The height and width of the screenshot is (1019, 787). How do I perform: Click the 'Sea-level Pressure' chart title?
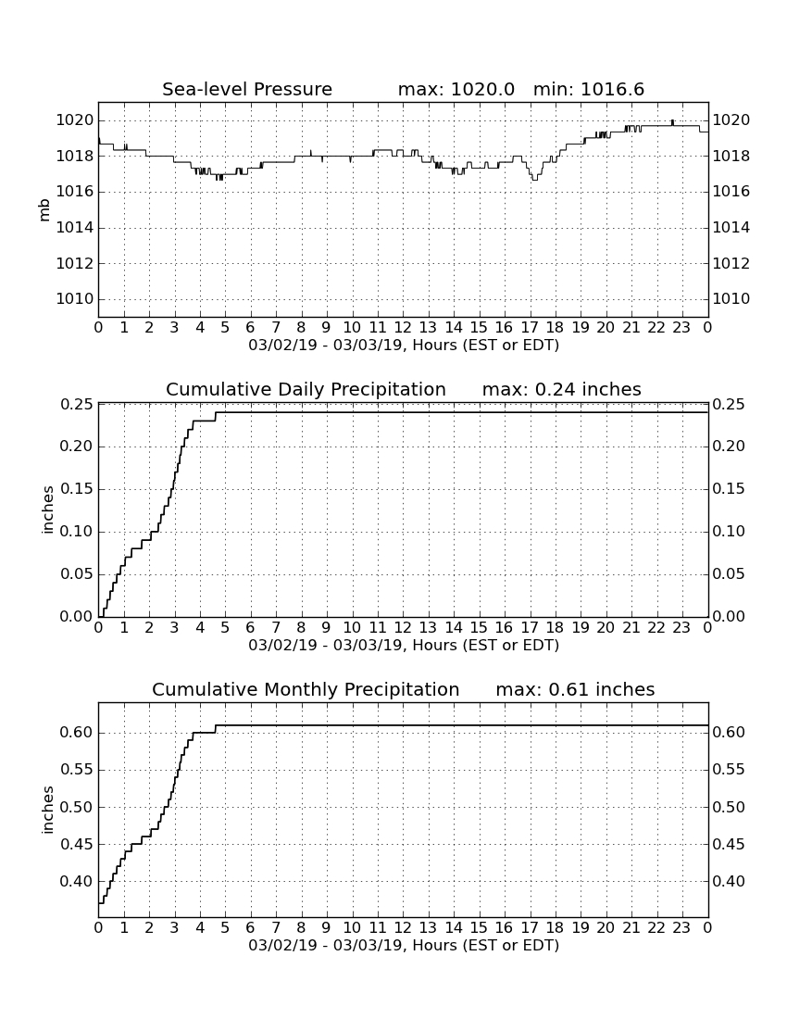tap(247, 89)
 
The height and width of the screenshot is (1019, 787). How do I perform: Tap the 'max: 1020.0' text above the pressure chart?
tap(456, 89)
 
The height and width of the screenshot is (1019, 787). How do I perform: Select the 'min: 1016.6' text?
tap(589, 89)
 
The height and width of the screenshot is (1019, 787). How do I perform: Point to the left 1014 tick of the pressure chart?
tap(75, 228)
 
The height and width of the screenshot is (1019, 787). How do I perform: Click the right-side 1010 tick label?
tap(731, 299)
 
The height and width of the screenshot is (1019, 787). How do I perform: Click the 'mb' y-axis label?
tap(44, 210)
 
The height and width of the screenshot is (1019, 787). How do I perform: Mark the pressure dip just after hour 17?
tap(534, 178)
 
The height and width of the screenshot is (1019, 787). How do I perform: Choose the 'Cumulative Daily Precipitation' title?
tap(306, 389)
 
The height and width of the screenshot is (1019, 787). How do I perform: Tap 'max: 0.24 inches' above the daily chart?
tap(562, 389)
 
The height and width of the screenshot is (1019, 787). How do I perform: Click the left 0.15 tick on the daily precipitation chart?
tap(76, 489)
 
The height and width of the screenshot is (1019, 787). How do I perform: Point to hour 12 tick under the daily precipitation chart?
tap(403, 627)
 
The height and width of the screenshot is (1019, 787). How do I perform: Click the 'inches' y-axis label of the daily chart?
tap(46, 510)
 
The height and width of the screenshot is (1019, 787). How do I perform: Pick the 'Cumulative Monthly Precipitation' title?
tap(306, 689)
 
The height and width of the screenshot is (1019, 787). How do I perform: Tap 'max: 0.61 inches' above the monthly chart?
tap(575, 689)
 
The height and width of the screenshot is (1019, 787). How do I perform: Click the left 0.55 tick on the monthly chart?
tap(76, 770)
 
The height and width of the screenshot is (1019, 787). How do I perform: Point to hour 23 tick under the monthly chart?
tap(681, 927)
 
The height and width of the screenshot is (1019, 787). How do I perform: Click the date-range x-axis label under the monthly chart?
tap(404, 945)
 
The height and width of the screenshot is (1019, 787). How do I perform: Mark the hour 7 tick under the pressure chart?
tap(276, 327)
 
